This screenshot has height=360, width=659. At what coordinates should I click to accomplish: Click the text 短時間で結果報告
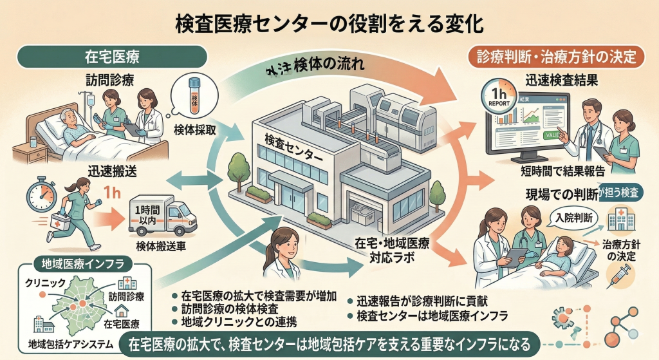point(561,171)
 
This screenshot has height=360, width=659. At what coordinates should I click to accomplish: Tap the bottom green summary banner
point(329,343)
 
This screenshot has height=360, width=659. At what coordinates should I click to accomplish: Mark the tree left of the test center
point(239,169)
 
